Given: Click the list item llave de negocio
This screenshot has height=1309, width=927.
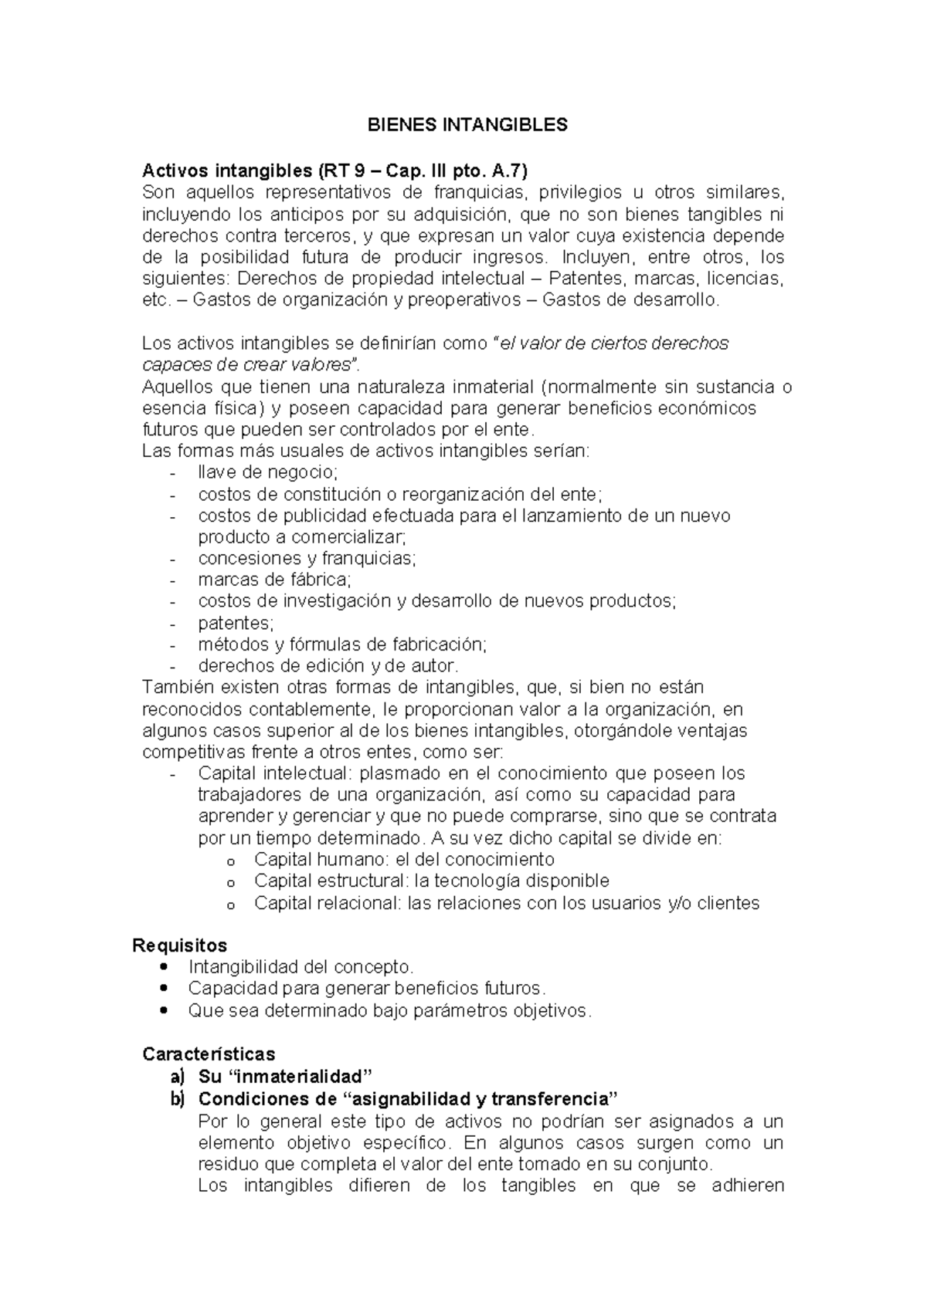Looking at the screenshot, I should (268, 472).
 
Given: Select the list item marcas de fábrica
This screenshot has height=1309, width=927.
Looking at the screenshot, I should (274, 579).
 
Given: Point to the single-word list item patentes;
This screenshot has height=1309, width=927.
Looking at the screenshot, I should (236, 622).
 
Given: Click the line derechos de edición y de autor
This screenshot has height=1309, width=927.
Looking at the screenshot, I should (328, 665).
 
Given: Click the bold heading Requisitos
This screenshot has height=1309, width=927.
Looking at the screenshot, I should (180, 945).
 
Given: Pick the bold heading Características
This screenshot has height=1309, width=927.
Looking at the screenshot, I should (209, 1054).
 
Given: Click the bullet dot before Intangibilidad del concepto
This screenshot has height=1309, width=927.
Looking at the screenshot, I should (161, 967).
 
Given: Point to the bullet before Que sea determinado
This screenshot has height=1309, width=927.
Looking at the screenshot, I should (161, 1010).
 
